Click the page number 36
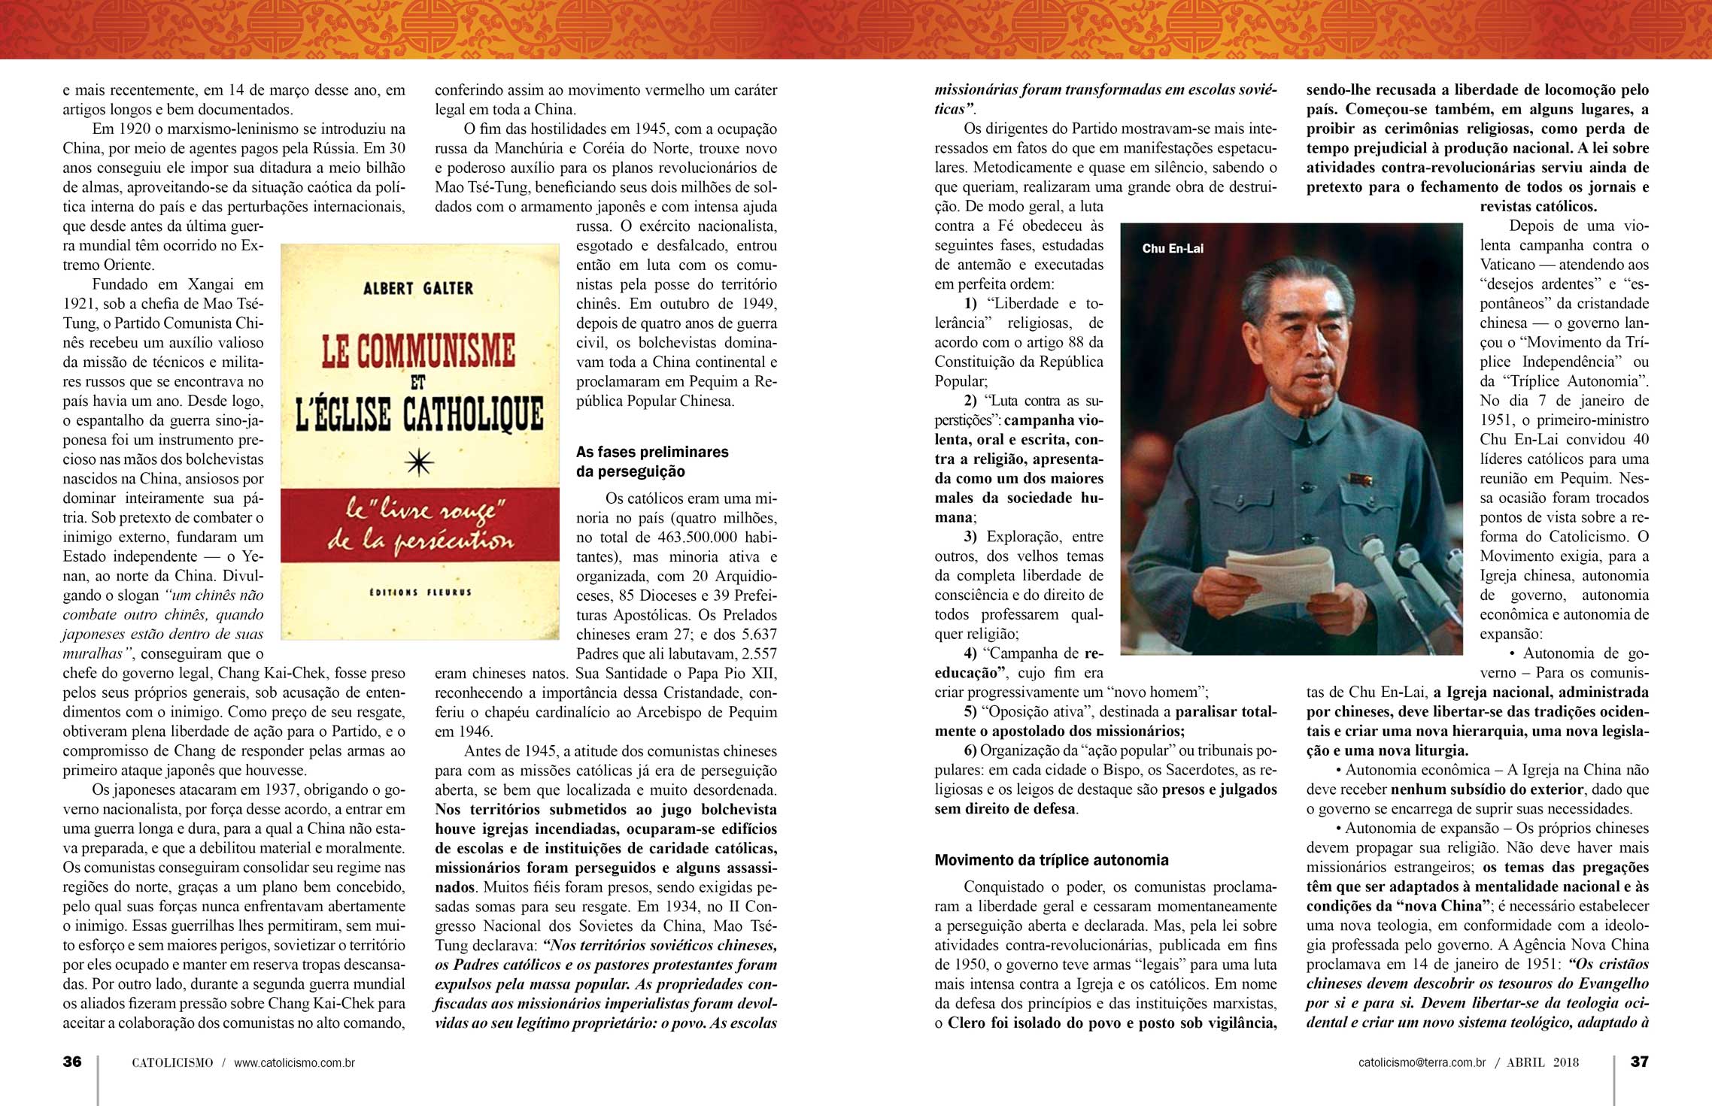pyautogui.click(x=72, y=1062)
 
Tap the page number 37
pyautogui.click(x=1639, y=1062)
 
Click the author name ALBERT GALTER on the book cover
pyautogui.click(x=418, y=288)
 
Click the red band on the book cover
pyautogui.click(x=420, y=524)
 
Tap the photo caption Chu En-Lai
pyautogui.click(x=1172, y=249)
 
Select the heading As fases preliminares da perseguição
pyautogui.click(x=651, y=461)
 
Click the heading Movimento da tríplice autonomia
pyautogui.click(x=1051, y=860)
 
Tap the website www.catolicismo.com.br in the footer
pyautogui.click(x=294, y=1062)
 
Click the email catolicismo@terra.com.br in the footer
pyautogui.click(x=1422, y=1062)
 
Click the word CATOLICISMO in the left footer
pyautogui.click(x=172, y=1062)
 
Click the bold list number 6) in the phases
pyautogui.click(x=970, y=750)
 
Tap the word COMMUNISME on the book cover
pyautogui.click(x=418, y=351)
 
